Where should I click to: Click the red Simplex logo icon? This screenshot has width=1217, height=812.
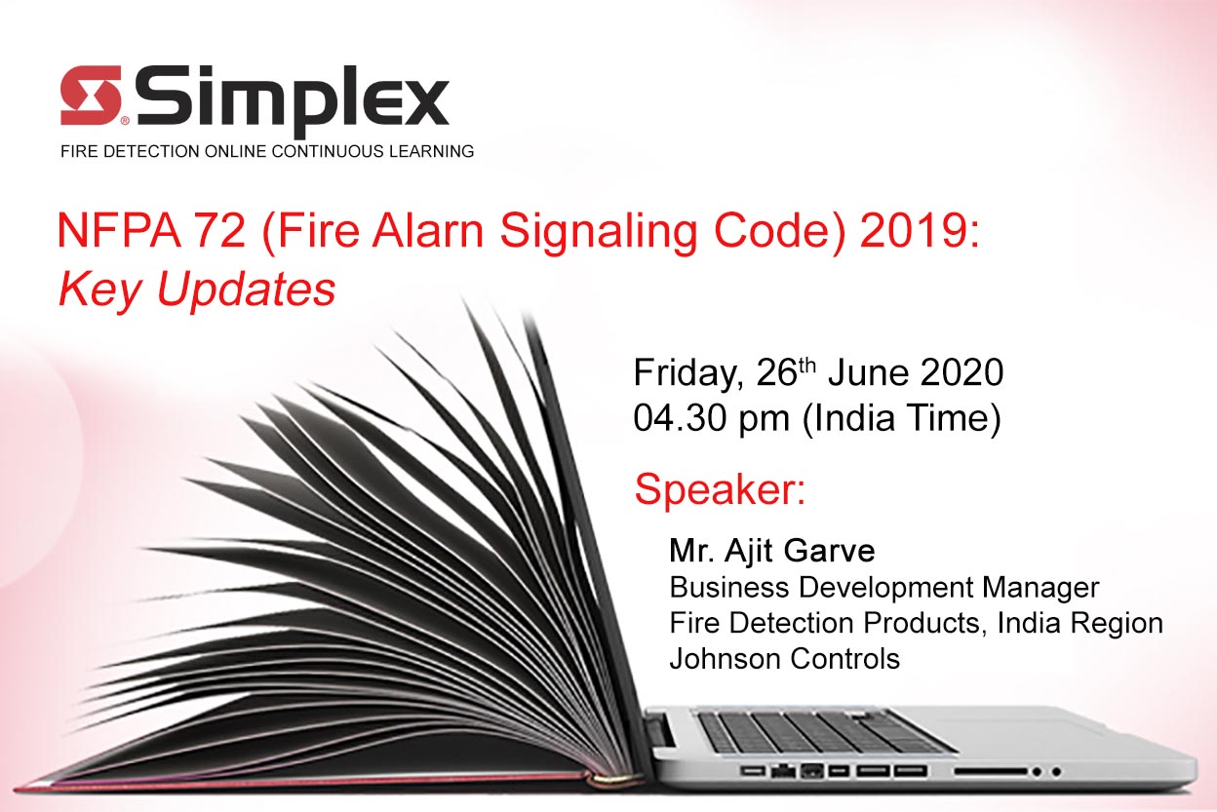[x=90, y=96]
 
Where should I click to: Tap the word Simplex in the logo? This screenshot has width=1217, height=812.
[x=293, y=100]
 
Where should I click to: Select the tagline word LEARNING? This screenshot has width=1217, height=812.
[x=431, y=151]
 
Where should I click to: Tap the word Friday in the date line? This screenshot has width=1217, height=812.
[x=687, y=374]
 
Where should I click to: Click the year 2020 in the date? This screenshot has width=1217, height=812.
[x=962, y=372]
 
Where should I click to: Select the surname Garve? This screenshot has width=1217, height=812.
[x=829, y=551]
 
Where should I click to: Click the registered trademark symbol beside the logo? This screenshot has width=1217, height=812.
[x=125, y=121]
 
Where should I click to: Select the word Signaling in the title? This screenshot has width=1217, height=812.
[x=598, y=234]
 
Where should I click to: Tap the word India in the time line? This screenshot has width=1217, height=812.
[x=852, y=418]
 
